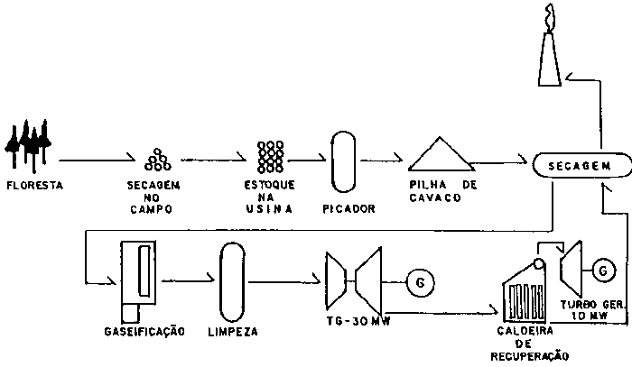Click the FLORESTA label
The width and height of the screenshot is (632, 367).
coord(33,186)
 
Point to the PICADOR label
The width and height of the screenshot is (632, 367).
coord(348,209)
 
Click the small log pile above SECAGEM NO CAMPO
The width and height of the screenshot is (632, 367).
coord(159,159)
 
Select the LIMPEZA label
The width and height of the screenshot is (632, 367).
coord(232,332)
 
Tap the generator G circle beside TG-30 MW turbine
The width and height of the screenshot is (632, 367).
coord(418,283)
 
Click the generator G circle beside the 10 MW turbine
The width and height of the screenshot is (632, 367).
coord(605,267)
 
